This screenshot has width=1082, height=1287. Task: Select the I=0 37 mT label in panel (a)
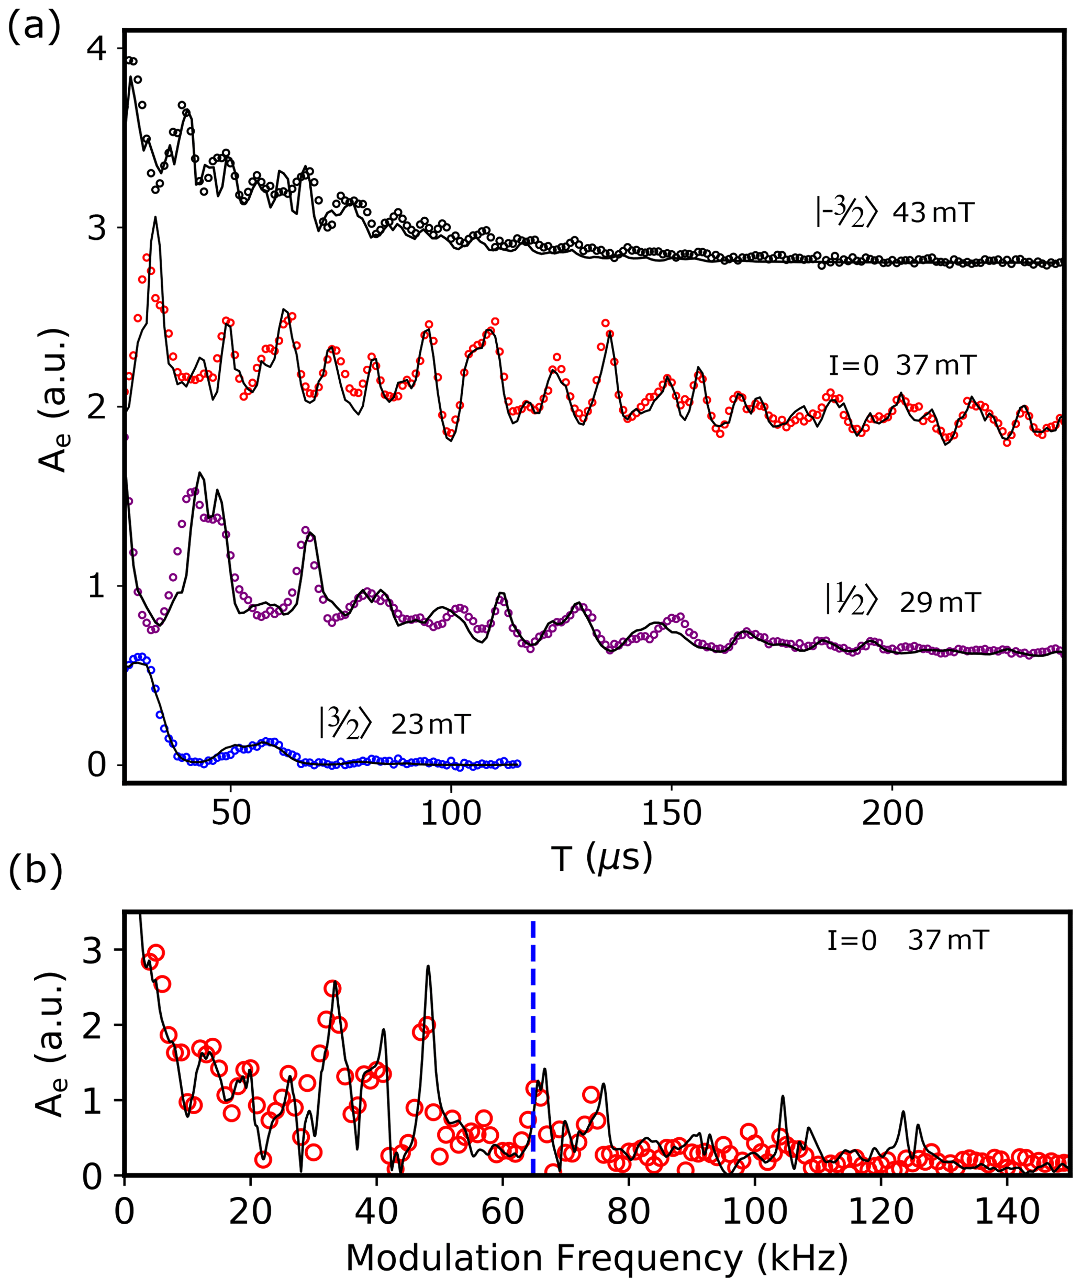tap(901, 365)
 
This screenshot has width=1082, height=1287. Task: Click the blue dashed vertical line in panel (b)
tap(533, 1043)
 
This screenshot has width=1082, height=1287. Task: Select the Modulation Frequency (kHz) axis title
tap(597, 1258)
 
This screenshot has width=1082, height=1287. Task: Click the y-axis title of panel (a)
tap(54, 402)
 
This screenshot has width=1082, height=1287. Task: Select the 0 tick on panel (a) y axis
tap(96, 764)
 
